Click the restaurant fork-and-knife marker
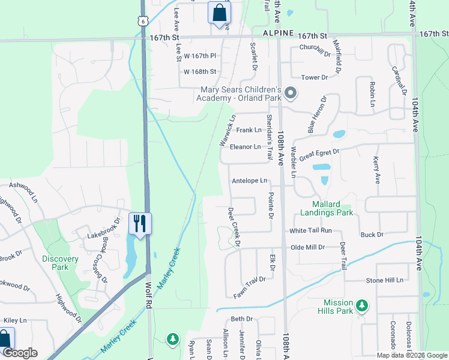[140, 224]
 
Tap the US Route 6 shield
[142, 20]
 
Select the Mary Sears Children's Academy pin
[291, 93]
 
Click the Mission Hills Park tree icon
[361, 305]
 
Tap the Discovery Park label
[60, 263]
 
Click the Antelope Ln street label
[249, 181]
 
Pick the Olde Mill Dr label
[307, 247]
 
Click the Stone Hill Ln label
[384, 280]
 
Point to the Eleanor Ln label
[245, 146]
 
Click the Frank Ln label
[249, 130]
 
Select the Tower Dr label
[315, 77]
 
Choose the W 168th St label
[199, 72]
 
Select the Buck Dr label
[372, 235]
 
